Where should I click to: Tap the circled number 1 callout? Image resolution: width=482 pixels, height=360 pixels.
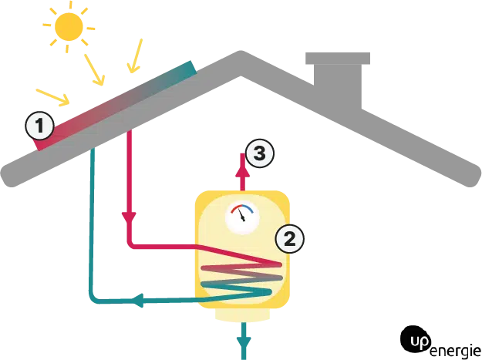(41, 126)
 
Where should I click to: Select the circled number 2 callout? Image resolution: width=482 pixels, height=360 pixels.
(291, 238)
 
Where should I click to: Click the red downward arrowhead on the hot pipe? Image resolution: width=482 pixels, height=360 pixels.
(130, 217)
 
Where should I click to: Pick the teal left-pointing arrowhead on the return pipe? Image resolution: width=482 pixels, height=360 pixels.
(141, 299)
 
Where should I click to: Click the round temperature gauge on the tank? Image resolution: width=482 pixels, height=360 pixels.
(243, 216)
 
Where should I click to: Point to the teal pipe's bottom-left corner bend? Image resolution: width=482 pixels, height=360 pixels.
(93, 298)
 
